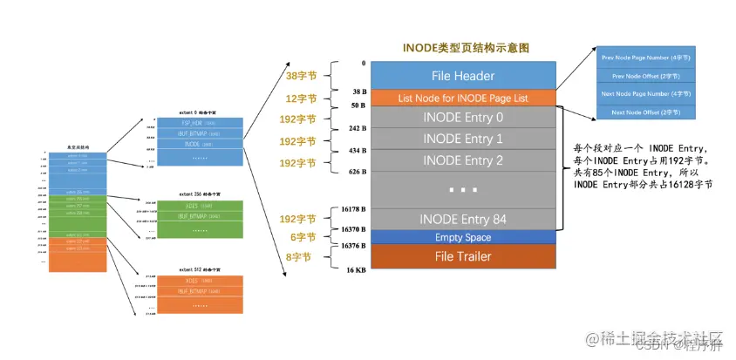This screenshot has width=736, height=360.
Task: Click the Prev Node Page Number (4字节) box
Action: click(x=646, y=57)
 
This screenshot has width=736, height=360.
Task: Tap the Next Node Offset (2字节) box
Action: click(x=646, y=112)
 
